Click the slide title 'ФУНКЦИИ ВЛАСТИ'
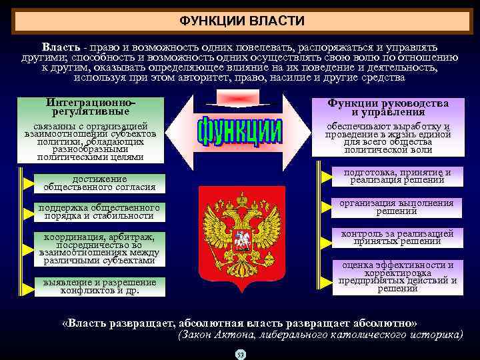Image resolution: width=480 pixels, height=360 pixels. pos(242,21)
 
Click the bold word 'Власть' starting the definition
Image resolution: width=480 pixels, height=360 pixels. pos(61,48)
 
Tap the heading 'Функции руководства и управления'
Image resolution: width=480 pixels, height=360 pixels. pos(387,107)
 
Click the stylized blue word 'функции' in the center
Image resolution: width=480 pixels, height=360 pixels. pos(241,131)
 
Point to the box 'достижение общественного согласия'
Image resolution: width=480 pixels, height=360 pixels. pos(99,183)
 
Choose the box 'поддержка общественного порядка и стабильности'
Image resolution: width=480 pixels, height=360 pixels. pos(99,211)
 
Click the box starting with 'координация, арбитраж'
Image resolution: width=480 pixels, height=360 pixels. pos(99,249)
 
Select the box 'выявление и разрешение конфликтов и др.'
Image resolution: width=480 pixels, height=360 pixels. pos(99,287)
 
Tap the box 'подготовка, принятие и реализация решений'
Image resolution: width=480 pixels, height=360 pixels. pos(396,176)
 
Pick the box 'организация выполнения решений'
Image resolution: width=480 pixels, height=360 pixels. pos(396,207)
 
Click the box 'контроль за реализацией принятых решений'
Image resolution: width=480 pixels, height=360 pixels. pos(396,237)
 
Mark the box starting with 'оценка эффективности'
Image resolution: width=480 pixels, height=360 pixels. pos(396,276)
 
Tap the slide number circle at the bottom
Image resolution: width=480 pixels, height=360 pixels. pos(241,353)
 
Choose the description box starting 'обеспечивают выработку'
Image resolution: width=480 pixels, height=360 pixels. pos(387,138)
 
